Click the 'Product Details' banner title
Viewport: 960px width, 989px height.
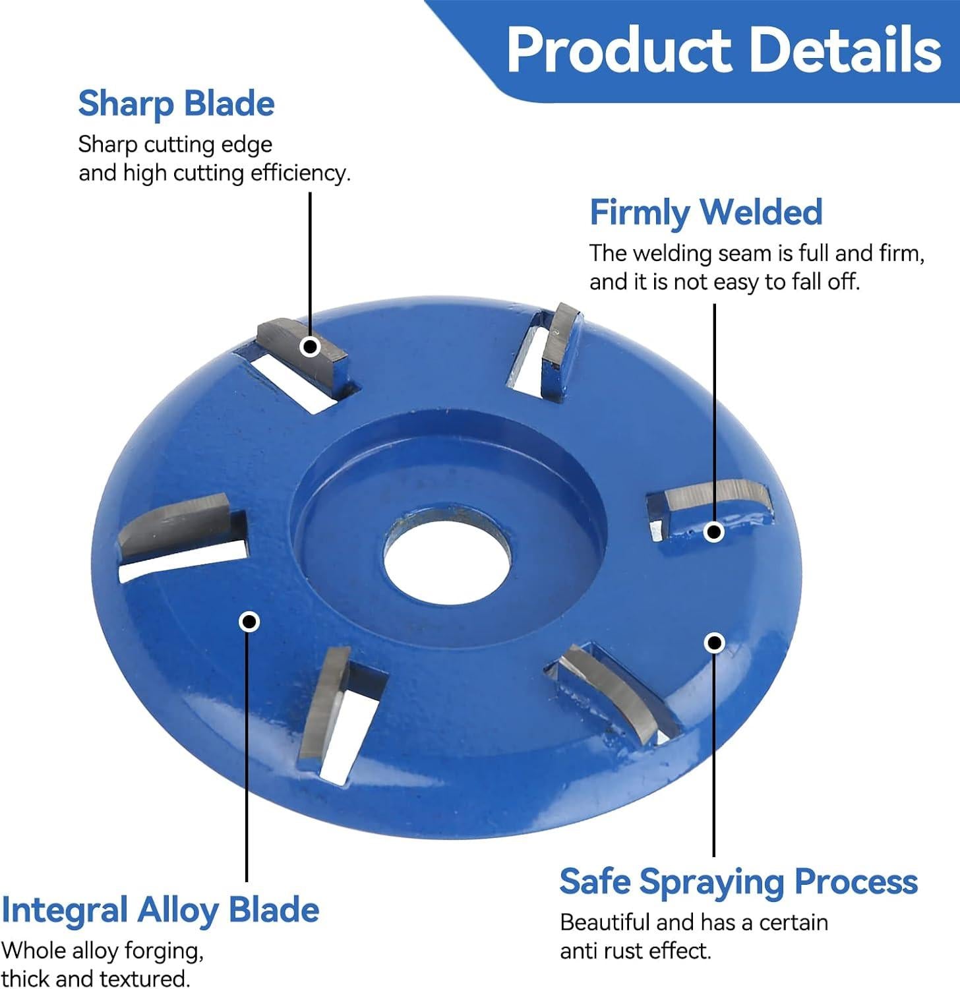tap(724, 50)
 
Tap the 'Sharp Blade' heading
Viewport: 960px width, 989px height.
tap(176, 104)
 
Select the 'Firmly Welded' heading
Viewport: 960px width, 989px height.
tap(706, 212)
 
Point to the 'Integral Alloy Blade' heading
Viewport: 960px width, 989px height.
tap(160, 910)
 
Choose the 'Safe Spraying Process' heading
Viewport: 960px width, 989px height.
tap(738, 882)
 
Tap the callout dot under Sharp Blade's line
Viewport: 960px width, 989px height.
tap(310, 346)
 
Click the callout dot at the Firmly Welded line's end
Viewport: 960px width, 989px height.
tap(714, 531)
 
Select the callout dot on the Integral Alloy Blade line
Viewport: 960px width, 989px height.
tap(249, 621)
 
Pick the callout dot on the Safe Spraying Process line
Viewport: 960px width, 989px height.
tap(715, 642)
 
